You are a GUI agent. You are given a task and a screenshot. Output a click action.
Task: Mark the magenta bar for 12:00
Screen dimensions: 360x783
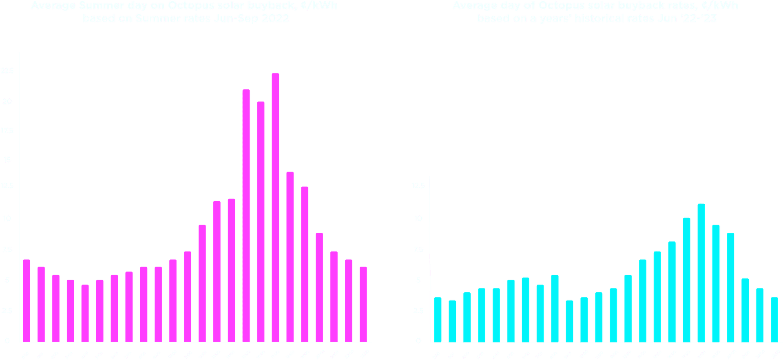coord(202,283)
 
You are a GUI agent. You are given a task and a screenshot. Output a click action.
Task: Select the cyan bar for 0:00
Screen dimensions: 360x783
coord(438,320)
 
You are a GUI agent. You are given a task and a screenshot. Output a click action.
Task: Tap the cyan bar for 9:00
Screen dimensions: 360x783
coord(569,321)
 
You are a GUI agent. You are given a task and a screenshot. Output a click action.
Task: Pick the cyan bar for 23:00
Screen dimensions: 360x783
coord(774,320)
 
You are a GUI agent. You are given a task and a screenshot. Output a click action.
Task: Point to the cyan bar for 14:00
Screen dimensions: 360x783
coord(643,300)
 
